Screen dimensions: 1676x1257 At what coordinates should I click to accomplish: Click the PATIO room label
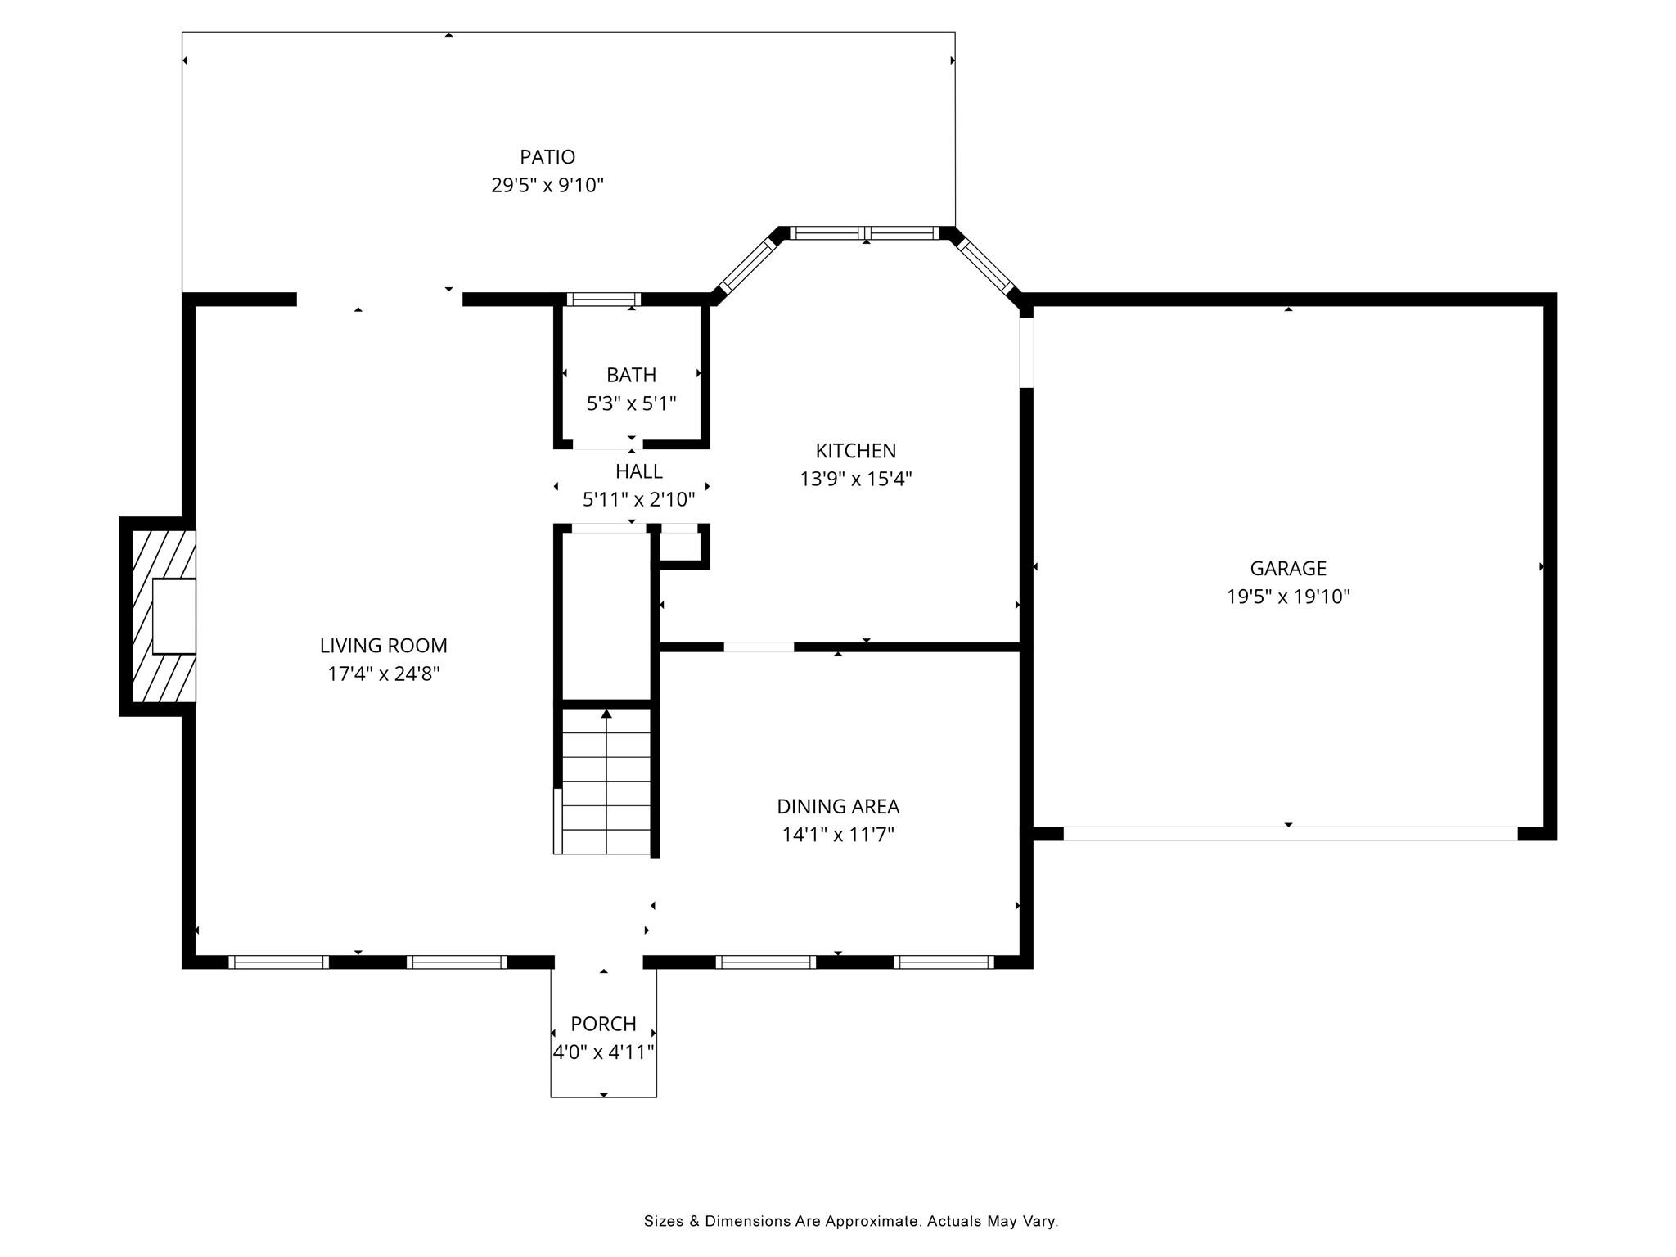[547, 156]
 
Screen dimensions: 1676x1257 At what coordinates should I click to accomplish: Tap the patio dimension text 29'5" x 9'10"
[547, 185]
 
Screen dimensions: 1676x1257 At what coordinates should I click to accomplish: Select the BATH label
[631, 375]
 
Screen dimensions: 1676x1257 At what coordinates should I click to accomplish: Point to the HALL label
[638, 471]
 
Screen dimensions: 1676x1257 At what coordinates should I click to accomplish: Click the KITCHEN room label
[855, 450]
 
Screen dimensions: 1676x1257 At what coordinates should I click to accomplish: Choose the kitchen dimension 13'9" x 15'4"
[855, 479]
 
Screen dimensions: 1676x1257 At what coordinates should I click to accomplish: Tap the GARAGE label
[1288, 568]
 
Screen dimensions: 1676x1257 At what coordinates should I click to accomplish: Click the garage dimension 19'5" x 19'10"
[1288, 597]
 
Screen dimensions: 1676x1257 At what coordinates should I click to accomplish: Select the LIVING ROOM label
[383, 646]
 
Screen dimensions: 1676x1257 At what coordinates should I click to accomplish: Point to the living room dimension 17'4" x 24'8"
[383, 674]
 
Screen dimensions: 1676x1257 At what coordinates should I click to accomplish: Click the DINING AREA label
[838, 807]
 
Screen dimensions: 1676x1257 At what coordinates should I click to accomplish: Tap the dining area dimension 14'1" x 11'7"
[838, 835]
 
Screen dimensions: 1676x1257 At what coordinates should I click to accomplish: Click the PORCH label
[603, 1024]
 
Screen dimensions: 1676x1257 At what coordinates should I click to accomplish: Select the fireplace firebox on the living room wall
[173, 616]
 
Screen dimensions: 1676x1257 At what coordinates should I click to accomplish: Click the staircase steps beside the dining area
[606, 781]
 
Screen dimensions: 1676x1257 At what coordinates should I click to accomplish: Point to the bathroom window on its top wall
[603, 300]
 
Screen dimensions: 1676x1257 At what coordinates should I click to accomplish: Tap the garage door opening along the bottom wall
[1290, 834]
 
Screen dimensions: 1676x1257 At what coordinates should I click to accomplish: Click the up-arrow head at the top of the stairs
[606, 714]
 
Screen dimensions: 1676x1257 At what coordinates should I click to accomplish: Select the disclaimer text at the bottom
[851, 1222]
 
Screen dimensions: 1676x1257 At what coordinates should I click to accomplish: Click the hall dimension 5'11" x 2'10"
[638, 499]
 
